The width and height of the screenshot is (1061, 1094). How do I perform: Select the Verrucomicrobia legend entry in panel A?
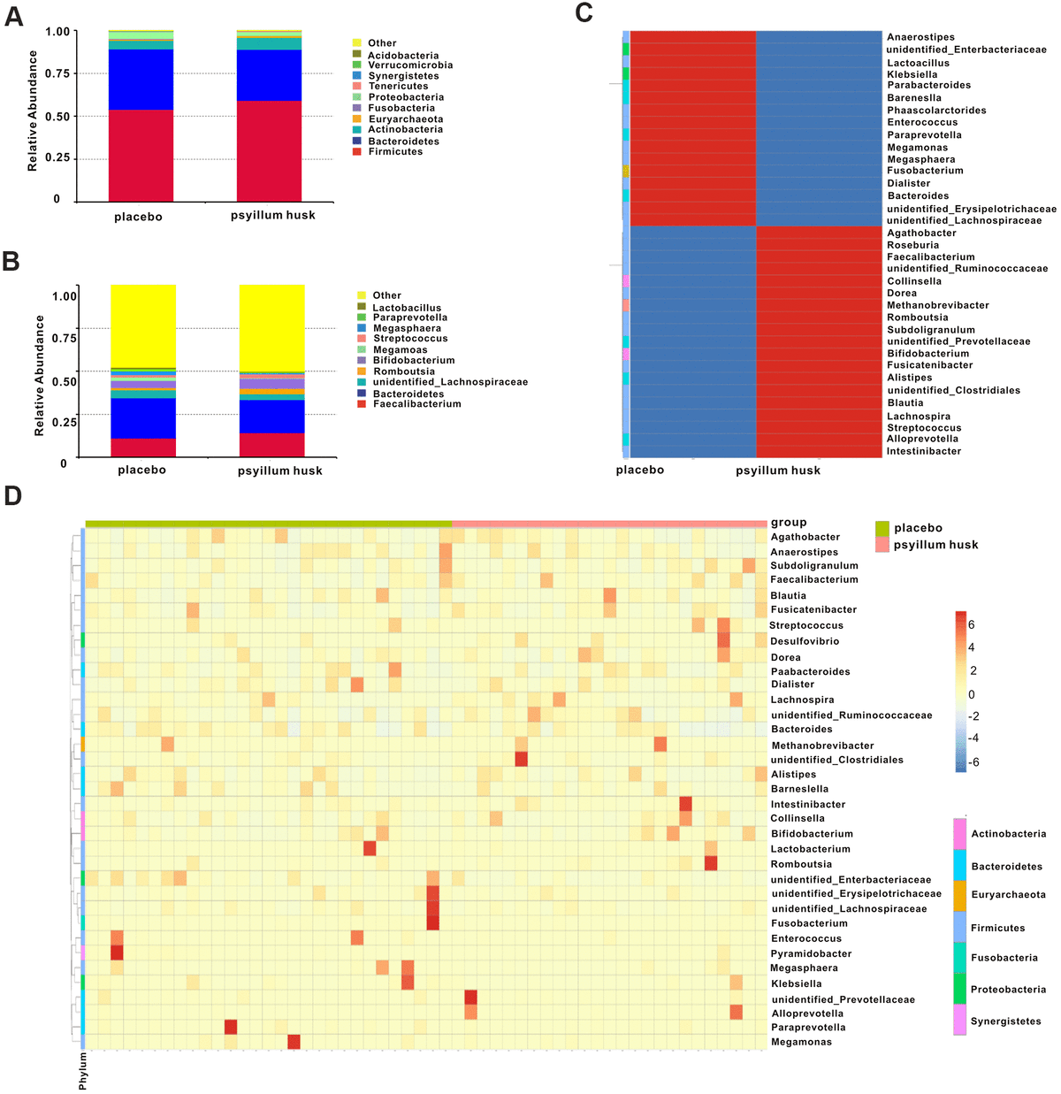tap(410, 65)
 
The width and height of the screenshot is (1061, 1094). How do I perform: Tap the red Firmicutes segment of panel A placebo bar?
tap(141, 155)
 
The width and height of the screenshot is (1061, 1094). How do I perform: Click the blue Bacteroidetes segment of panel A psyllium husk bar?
tap(269, 75)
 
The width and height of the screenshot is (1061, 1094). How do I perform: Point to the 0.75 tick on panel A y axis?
tap(57, 73)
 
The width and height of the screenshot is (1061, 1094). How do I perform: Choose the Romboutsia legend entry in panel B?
tap(403, 371)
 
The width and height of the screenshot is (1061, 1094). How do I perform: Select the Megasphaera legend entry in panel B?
tap(407, 328)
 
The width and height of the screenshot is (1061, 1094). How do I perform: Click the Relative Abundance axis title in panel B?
tap(39, 376)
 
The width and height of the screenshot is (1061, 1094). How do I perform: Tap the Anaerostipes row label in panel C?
tap(920, 37)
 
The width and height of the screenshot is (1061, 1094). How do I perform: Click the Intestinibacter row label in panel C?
tap(923, 451)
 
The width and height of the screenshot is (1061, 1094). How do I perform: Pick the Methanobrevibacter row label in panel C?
tap(937, 305)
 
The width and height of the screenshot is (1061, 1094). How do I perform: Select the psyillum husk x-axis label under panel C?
tap(777, 470)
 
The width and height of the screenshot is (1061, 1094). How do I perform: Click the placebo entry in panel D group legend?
tap(918, 528)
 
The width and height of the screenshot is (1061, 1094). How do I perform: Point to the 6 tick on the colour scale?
tap(972, 624)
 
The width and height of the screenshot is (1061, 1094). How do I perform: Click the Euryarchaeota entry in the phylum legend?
tap(1008, 895)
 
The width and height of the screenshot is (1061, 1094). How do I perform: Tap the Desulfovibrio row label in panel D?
tap(805, 641)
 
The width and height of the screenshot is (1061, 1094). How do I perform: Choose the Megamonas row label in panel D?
tap(801, 1042)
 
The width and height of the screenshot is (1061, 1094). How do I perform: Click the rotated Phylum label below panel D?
tap(83, 1070)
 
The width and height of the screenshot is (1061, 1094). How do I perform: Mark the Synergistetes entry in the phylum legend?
tap(1005, 1021)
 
